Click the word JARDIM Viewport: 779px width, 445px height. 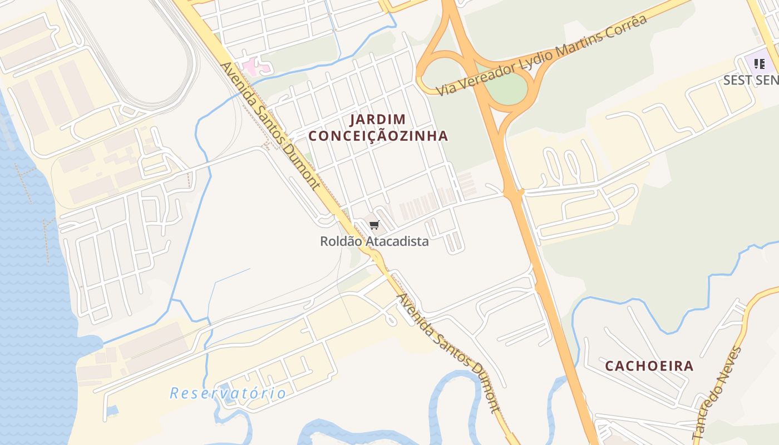pos(378,119)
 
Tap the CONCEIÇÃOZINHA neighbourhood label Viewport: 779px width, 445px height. pos(378,136)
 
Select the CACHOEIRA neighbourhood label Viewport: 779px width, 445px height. pos(649,366)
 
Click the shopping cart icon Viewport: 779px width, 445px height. pos(374,225)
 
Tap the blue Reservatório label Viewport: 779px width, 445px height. pos(228,393)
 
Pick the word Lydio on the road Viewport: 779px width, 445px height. pos(533,58)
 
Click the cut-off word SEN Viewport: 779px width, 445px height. pos(767,80)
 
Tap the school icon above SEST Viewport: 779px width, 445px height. pos(759,64)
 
